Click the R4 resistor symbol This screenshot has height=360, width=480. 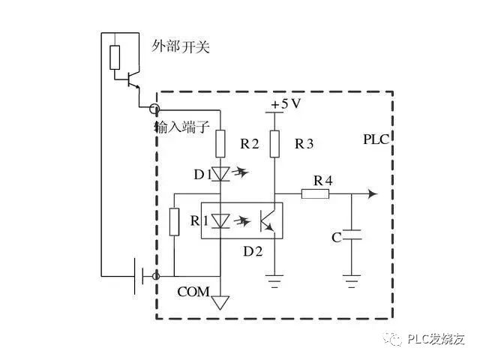(x=315, y=194)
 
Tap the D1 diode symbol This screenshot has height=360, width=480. (x=220, y=174)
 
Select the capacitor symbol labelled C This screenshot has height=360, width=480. (x=351, y=238)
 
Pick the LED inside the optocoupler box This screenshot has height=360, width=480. (x=220, y=220)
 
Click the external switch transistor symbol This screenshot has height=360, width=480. (x=133, y=78)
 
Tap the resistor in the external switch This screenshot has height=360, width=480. (x=114, y=57)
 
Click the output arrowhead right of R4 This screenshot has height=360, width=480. (x=371, y=194)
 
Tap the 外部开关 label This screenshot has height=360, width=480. (x=181, y=47)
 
